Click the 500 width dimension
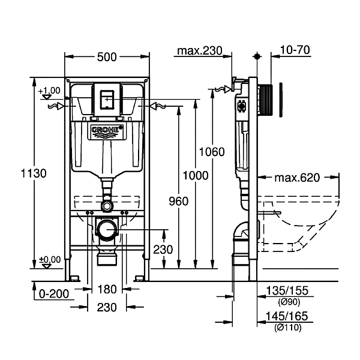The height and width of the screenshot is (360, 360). point(107,57)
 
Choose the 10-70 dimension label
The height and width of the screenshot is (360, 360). point(295,50)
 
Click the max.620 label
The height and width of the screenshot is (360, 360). point(298,178)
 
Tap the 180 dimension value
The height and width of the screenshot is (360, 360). point(107,290)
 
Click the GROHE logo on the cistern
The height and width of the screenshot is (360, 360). point(107,131)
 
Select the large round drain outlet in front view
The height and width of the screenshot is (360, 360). point(107,230)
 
